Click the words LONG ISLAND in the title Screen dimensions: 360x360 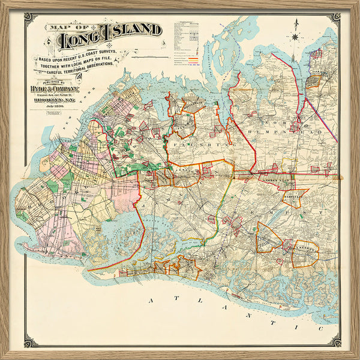[x=109, y=37]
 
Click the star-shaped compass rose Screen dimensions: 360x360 [x=295, y=35]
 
